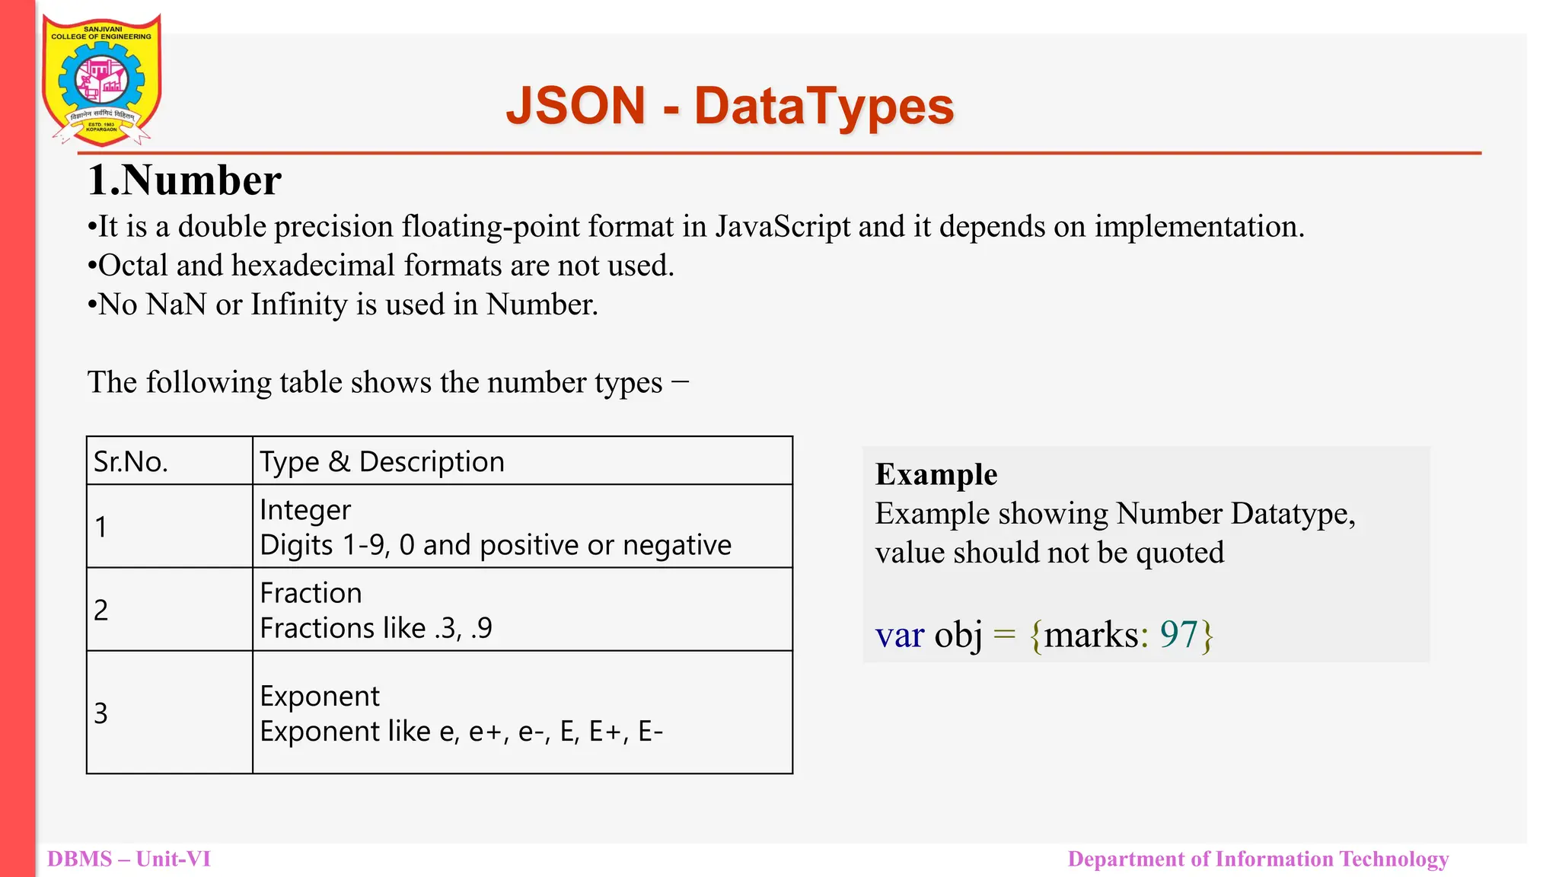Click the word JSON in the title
pos(575,106)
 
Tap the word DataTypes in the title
pos(824,106)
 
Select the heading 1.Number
pos(184,181)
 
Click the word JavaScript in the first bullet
pos(782,227)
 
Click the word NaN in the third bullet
pos(176,305)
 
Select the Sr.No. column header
pos(131,462)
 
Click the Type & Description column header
pos(382,462)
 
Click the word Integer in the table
pos(305,510)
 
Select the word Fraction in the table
pos(311,593)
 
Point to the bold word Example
pos(936,474)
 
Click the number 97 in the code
pos(1178,634)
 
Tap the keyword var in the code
pos(900,635)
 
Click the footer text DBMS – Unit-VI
pos(129,859)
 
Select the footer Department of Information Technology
pos(1258,859)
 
